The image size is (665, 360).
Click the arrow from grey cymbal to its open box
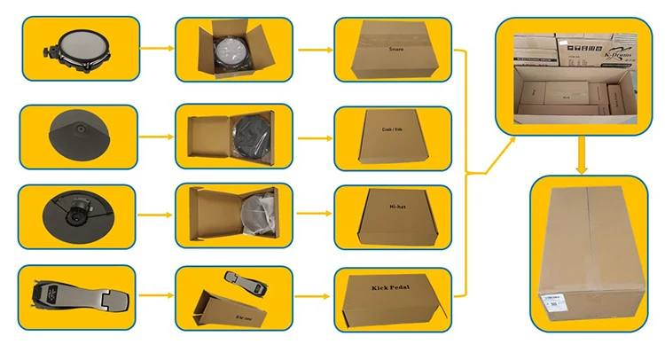(x=156, y=137)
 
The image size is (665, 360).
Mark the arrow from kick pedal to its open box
(x=156, y=294)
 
